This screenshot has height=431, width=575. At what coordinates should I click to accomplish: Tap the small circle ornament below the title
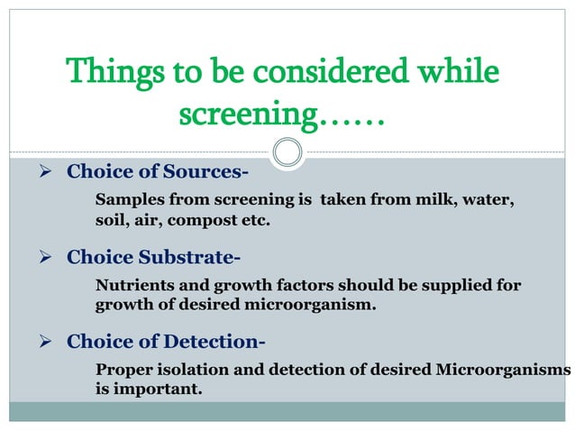point(287,151)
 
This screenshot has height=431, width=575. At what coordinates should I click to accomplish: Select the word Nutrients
point(134,287)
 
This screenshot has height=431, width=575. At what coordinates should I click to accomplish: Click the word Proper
point(122,371)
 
